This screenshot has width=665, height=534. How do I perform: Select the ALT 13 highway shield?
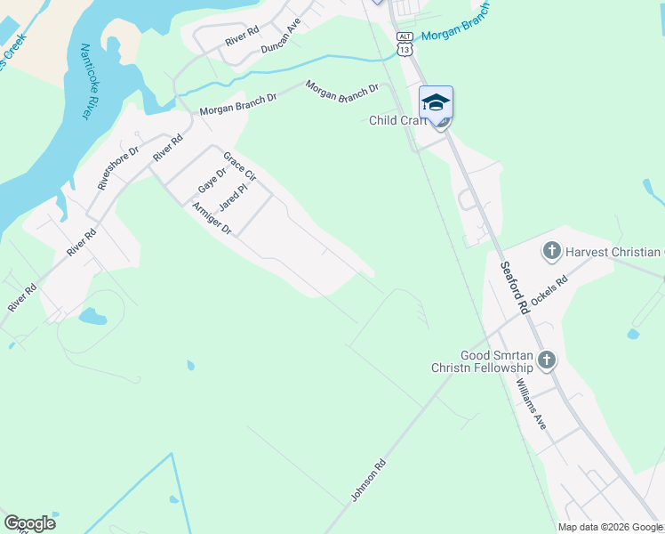pyautogui.click(x=405, y=44)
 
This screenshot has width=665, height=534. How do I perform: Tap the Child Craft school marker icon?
pyautogui.click(x=436, y=103)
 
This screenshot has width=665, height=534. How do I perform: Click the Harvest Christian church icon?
pyautogui.click(x=551, y=252)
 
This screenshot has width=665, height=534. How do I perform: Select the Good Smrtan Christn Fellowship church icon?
pyautogui.click(x=546, y=360)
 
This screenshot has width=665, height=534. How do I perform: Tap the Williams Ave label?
pyautogui.click(x=531, y=404)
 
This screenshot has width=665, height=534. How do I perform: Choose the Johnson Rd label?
pyautogui.click(x=369, y=480)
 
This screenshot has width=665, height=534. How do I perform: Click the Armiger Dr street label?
pyautogui.click(x=212, y=218)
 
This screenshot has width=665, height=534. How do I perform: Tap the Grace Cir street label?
pyautogui.click(x=239, y=167)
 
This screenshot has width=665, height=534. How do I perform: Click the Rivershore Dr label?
pyautogui.click(x=118, y=168)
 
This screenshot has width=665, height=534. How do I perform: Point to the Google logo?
pyautogui.click(x=29, y=522)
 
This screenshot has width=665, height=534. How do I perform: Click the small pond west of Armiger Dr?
pyautogui.click(x=92, y=316)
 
